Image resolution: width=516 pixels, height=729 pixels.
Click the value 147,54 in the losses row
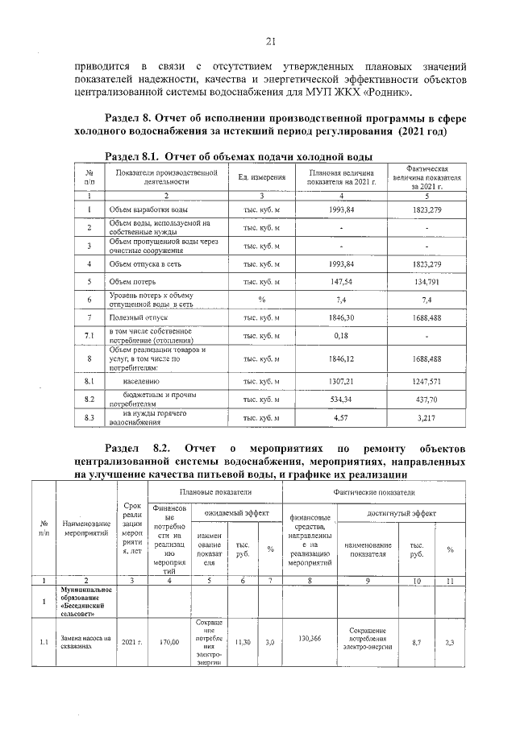click(341, 282)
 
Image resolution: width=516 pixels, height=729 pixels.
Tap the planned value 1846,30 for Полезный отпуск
click(341, 318)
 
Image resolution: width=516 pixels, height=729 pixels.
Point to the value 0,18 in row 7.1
click(341, 335)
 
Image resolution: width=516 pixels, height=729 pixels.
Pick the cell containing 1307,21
click(341, 379)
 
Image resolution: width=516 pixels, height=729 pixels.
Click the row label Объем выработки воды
click(149, 209)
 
